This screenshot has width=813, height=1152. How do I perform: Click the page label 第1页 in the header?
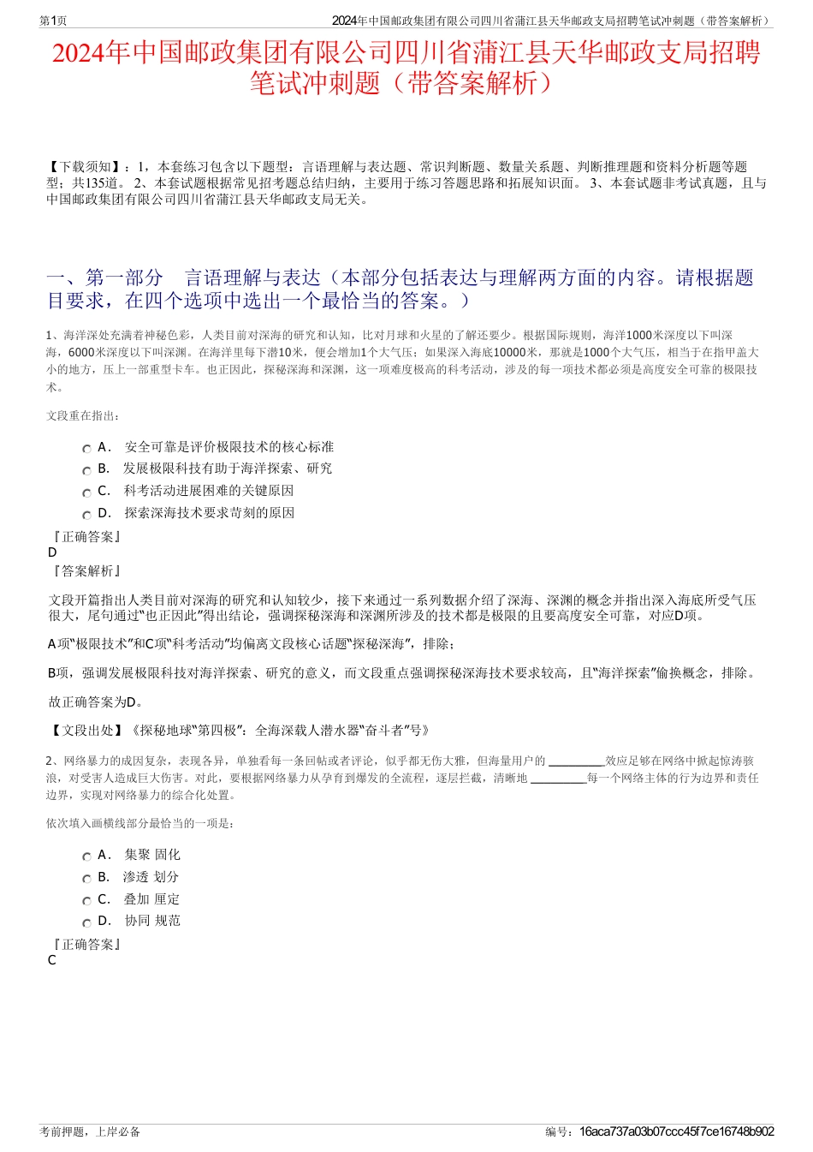53,21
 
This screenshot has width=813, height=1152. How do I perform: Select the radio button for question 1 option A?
87,449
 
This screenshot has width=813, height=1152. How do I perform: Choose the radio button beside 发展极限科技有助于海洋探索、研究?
87,470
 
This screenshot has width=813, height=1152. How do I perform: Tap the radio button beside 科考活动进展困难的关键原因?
87,492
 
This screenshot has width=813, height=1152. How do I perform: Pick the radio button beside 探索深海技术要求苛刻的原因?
87,515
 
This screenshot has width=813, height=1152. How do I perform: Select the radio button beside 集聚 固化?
87,857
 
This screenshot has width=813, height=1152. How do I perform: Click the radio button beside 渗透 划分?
87,879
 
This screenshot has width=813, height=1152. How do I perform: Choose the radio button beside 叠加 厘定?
87,901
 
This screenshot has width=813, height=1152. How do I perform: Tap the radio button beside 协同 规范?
87,922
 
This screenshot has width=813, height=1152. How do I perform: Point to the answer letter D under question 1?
53,552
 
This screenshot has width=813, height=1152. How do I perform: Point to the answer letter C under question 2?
52,960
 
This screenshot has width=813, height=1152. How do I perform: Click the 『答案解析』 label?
86,570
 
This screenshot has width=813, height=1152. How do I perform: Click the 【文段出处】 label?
86,731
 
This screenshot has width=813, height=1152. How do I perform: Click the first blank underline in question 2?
576,761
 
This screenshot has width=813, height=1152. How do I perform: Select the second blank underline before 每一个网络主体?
558,779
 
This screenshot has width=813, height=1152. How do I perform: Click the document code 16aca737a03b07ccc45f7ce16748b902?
676,1131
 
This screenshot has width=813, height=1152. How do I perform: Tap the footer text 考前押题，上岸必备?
90,1131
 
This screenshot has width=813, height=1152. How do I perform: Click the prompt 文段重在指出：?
84,415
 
